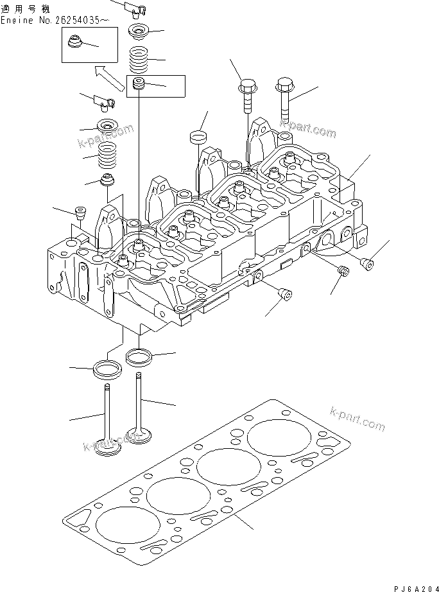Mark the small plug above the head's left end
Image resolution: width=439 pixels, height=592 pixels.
pos(80,213)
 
